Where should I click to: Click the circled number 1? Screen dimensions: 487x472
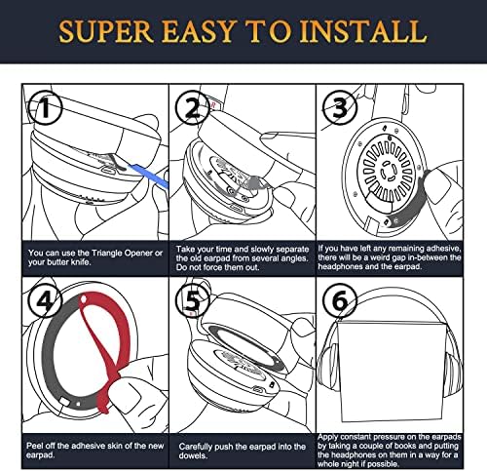[45, 107]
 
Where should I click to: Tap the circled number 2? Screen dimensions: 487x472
[192, 107]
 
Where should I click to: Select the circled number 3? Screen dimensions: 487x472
[340, 107]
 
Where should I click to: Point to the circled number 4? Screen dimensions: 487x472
[45, 300]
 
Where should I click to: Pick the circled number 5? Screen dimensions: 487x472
[192, 300]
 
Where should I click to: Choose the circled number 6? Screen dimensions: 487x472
[340, 300]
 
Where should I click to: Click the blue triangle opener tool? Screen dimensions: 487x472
[149, 176]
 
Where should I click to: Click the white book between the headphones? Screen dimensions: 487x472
[391, 372]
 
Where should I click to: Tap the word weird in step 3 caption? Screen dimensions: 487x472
[380, 257]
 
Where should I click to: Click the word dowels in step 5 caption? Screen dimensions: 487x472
[192, 455]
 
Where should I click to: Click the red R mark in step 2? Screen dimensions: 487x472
[213, 105]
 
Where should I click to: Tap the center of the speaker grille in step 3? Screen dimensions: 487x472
[387, 171]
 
